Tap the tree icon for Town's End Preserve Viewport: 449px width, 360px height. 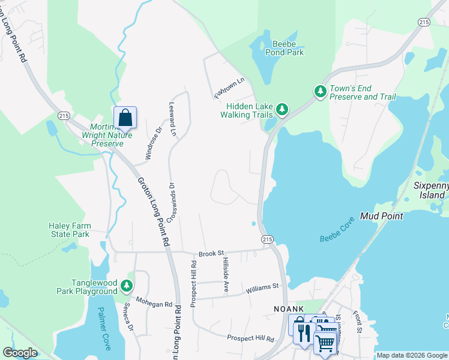[321, 91]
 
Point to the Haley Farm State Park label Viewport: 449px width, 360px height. [69, 230]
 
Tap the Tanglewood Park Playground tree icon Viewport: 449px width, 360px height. [127, 286]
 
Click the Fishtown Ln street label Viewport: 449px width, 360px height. [230, 88]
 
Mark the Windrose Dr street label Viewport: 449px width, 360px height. [153, 142]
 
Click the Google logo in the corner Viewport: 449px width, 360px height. [20, 353]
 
